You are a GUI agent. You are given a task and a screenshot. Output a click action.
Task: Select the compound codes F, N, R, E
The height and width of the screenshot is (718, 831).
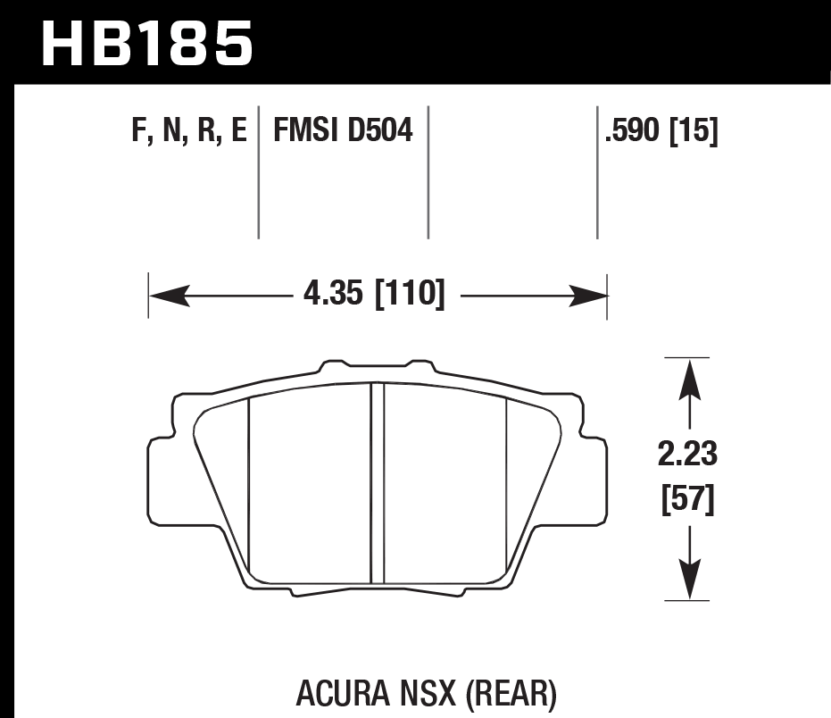click(188, 133)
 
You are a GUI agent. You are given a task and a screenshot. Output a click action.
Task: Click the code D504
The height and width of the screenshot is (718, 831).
click(381, 133)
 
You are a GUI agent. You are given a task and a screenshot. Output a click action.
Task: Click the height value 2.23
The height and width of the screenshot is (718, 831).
click(688, 455)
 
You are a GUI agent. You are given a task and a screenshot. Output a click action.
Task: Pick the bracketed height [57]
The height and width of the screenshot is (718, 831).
click(688, 501)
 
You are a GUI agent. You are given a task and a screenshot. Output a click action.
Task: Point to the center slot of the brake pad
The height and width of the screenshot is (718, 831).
click(377, 482)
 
